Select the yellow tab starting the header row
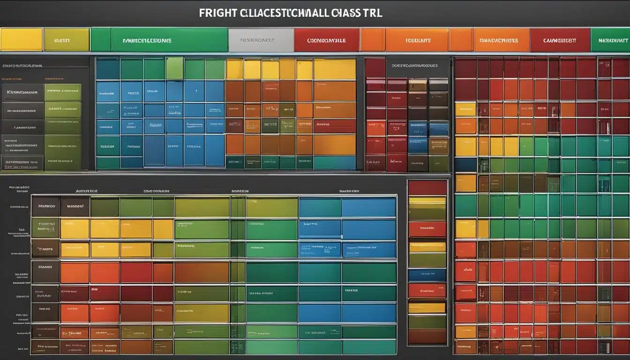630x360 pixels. [x=21, y=40]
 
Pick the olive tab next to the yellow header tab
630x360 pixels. [x=66, y=40]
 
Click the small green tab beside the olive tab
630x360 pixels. [x=100, y=40]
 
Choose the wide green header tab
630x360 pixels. [x=169, y=40]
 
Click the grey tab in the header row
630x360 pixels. [x=261, y=40]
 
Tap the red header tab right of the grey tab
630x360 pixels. [x=326, y=40]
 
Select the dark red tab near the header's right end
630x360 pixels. [x=560, y=40]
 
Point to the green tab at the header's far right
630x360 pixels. [x=610, y=40]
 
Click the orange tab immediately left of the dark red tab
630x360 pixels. [x=501, y=40]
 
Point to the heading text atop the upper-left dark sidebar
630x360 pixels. [x=22, y=66]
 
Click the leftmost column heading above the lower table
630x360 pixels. [x=86, y=191]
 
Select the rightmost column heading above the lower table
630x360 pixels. [x=349, y=191]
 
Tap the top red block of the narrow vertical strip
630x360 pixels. [x=427, y=187]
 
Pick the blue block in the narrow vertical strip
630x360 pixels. [x=427, y=275]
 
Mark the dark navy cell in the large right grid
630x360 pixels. [x=465, y=165]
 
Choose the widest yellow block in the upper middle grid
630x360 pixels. [x=334, y=69]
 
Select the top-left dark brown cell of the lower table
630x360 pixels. [x=45, y=206]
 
